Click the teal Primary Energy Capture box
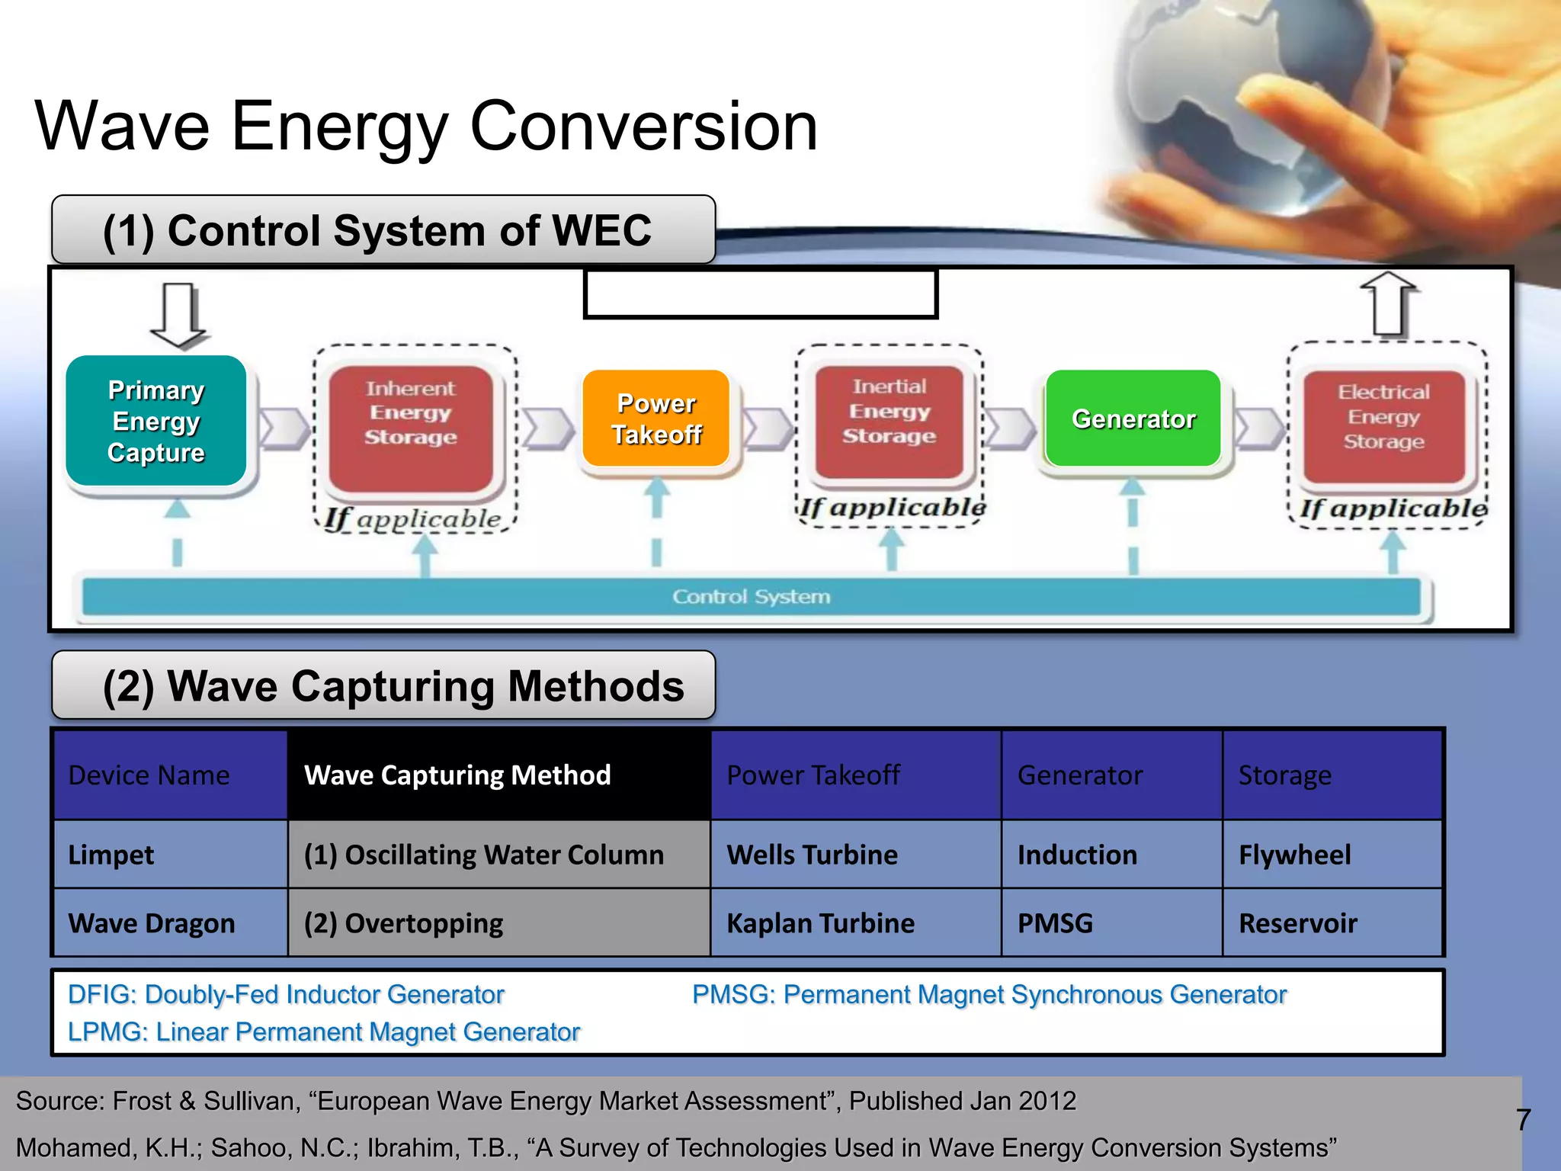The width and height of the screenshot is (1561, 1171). click(156, 421)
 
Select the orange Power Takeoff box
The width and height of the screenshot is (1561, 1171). click(656, 419)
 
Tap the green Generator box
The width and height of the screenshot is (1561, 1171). click(1133, 419)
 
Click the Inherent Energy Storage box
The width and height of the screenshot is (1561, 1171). click(411, 427)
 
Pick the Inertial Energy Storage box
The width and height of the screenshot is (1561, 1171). click(889, 422)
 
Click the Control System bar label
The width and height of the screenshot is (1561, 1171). click(751, 596)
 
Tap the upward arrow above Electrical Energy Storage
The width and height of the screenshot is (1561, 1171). click(1389, 305)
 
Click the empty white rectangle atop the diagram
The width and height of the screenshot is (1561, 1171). click(760, 294)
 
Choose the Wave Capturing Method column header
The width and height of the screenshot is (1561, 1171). click(457, 775)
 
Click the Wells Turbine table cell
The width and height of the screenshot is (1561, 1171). click(813, 855)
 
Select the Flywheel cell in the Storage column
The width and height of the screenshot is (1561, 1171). click(1294, 855)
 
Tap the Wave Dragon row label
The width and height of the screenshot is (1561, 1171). click(152, 923)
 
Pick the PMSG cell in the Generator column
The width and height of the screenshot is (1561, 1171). click(1056, 923)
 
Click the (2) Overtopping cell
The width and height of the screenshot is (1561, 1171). click(404, 923)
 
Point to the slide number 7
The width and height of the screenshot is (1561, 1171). click(1523, 1120)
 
